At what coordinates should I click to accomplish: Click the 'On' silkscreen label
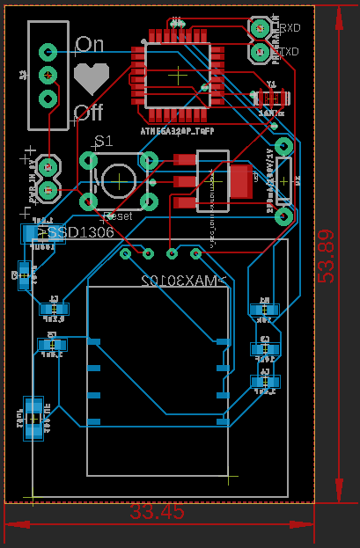pyautogui.click(x=90, y=44)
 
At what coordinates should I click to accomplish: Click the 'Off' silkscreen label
pyautogui.click(x=89, y=113)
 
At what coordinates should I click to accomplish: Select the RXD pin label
pyautogui.click(x=289, y=28)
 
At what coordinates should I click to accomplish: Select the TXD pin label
pyautogui.click(x=289, y=52)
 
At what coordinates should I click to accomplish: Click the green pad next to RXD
pyautogui.click(x=261, y=29)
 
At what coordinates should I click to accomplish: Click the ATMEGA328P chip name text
pyautogui.click(x=177, y=129)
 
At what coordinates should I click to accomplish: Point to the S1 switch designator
pyautogui.click(x=104, y=142)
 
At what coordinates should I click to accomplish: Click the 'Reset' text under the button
pyautogui.click(x=118, y=216)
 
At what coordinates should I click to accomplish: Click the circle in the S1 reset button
pyautogui.click(x=119, y=180)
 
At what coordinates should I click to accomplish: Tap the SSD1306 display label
pyautogui.click(x=80, y=233)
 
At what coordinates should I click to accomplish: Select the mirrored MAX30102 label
pyautogui.click(x=184, y=281)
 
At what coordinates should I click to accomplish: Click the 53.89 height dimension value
pyautogui.click(x=327, y=256)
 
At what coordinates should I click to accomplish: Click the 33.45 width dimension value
pyautogui.click(x=158, y=511)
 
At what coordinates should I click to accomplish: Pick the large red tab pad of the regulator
pyautogui.click(x=239, y=181)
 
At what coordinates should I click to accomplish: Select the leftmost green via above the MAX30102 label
pyautogui.click(x=126, y=254)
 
